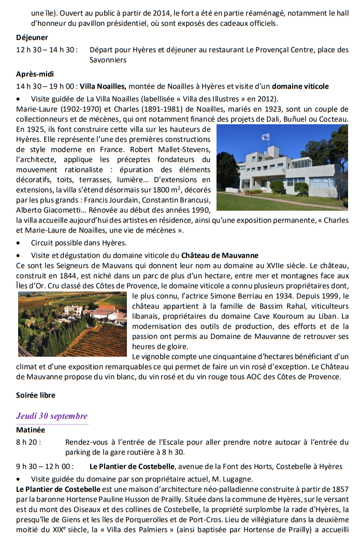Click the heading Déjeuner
(x=32, y=37)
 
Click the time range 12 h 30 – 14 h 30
(x=47, y=50)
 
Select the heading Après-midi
(x=35, y=74)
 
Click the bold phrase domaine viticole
(x=300, y=86)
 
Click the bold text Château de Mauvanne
(x=220, y=255)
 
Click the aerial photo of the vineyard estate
(x=73, y=324)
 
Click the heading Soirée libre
(x=36, y=395)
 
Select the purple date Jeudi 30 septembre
(x=52, y=416)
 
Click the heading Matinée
(x=31, y=430)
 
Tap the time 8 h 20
(x=28, y=442)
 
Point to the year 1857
(x=339, y=489)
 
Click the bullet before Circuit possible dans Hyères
(x=19, y=243)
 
